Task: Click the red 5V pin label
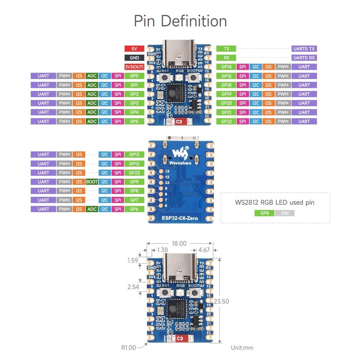coord(134,49)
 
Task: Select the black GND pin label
coord(134,58)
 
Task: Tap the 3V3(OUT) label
coord(134,67)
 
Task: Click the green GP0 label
coord(134,76)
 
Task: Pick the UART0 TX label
coord(305,49)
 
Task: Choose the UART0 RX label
coord(305,58)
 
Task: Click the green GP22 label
coord(226,121)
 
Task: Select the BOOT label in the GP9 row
coord(91,182)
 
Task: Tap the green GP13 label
coord(134,154)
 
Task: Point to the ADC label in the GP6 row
coord(91,209)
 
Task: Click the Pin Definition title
coord(180,21)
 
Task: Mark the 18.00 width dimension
coord(180,243)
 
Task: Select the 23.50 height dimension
coord(222,301)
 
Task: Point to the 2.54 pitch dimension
coord(133,287)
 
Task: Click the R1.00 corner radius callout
coord(129,347)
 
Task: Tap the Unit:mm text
coord(242,347)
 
